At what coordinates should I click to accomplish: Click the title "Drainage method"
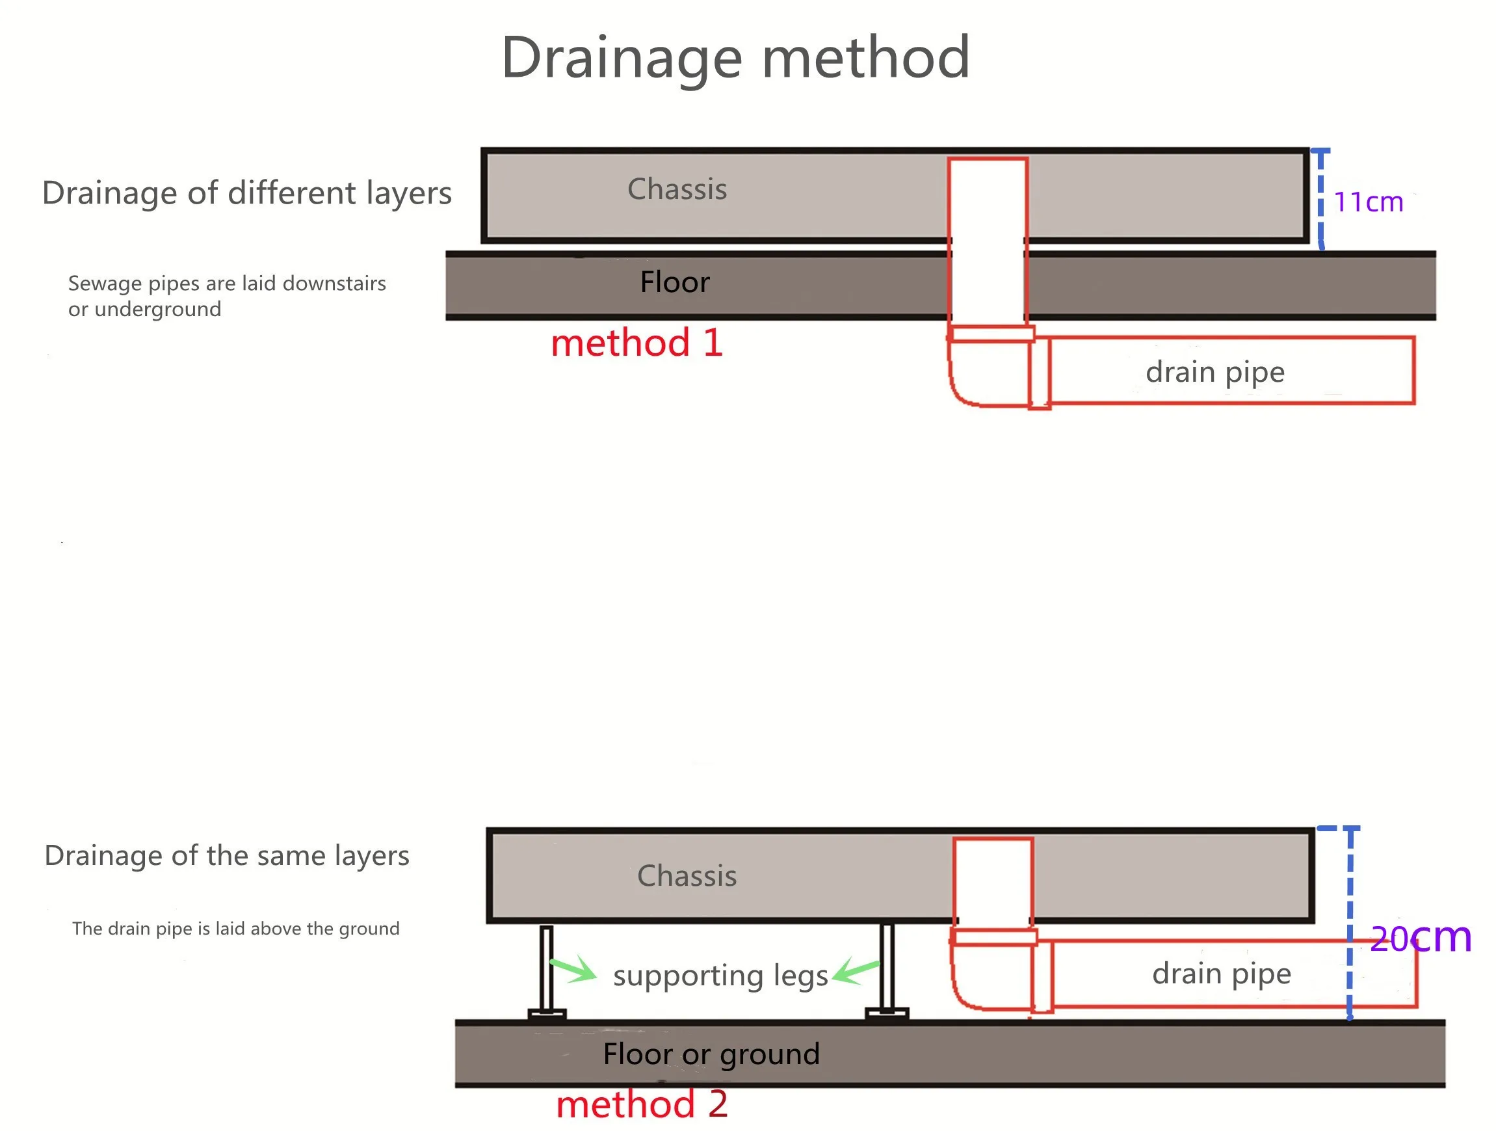[736, 58]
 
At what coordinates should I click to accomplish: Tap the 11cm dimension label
[1367, 202]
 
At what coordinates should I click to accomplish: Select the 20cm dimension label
[1420, 938]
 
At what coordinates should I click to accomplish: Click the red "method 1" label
[636, 343]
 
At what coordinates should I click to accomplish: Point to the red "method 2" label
[641, 1104]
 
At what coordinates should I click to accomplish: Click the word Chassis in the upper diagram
[677, 189]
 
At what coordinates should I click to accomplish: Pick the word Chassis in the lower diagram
[687, 876]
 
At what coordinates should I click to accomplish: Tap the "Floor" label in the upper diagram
[674, 282]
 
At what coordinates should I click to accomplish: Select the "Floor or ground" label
[711, 1054]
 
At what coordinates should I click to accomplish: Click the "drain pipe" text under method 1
[1214, 372]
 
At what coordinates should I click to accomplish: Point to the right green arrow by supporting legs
[856, 973]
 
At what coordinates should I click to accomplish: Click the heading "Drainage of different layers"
[247, 193]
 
